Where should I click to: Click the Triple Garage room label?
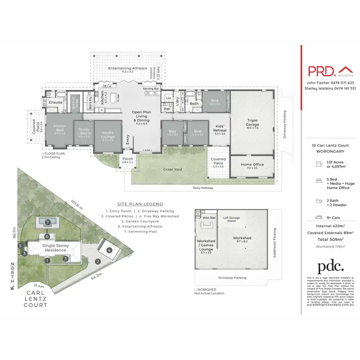[252, 123]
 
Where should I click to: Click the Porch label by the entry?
[128, 160]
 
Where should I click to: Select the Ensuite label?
[55, 102]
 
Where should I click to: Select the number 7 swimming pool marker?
[48, 222]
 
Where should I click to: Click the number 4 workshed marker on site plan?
[109, 250]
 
